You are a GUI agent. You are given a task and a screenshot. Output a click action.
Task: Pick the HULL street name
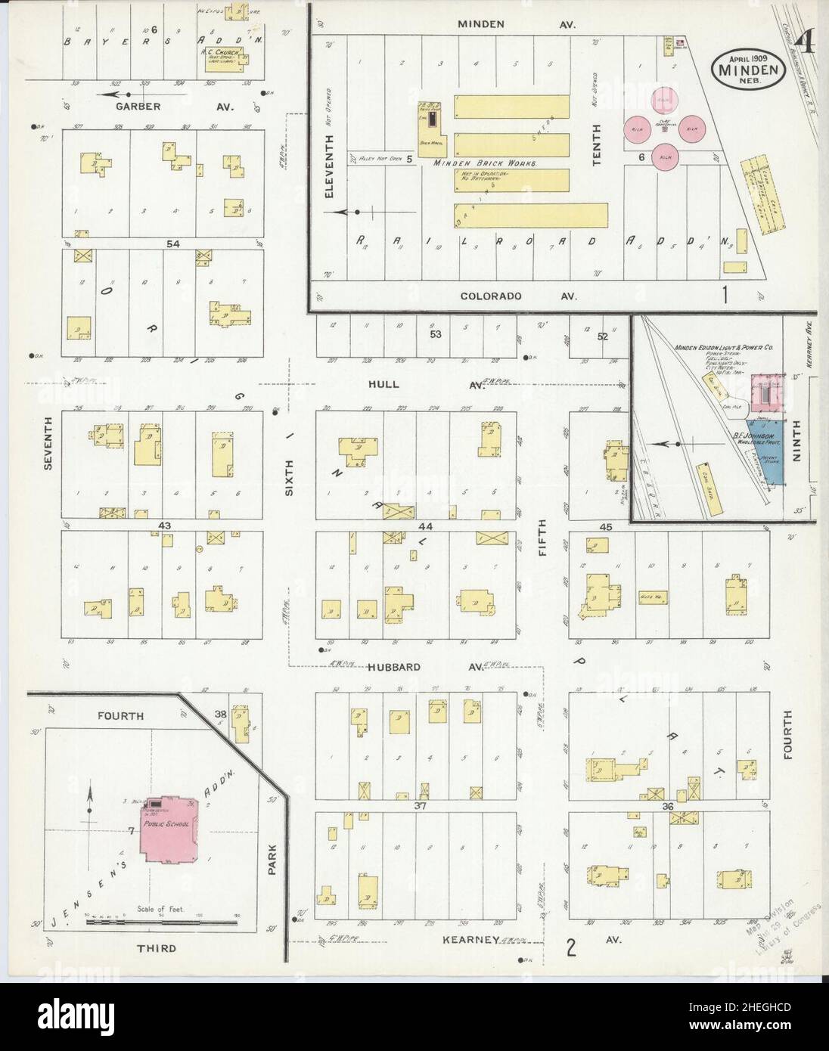coord(383,385)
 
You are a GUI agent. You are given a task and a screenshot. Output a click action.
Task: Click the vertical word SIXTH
coord(288,479)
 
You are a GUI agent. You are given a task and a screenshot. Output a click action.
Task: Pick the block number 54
coord(175,243)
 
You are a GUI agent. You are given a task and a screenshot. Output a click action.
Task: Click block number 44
coord(424,525)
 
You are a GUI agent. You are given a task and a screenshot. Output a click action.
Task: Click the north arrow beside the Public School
coord(90,804)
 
